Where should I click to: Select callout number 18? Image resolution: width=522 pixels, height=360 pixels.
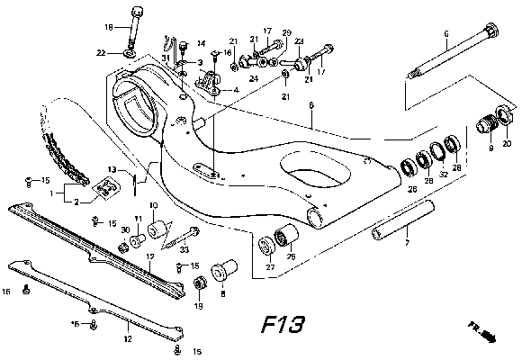[109, 27]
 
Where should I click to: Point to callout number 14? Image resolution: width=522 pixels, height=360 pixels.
[201, 43]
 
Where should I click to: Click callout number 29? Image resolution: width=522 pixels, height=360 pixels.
[287, 32]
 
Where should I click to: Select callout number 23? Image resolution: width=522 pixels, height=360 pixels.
[299, 41]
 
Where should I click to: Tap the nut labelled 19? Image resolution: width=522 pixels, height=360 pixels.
[200, 285]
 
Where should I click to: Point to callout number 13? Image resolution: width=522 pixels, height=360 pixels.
[114, 168]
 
